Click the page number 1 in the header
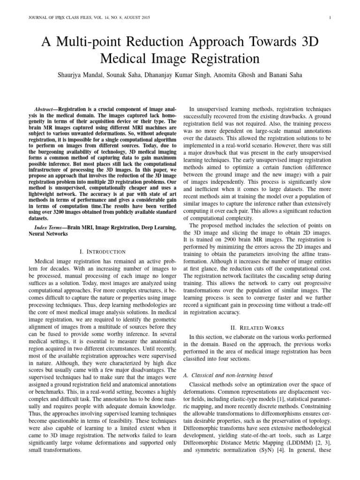click(330, 18)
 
